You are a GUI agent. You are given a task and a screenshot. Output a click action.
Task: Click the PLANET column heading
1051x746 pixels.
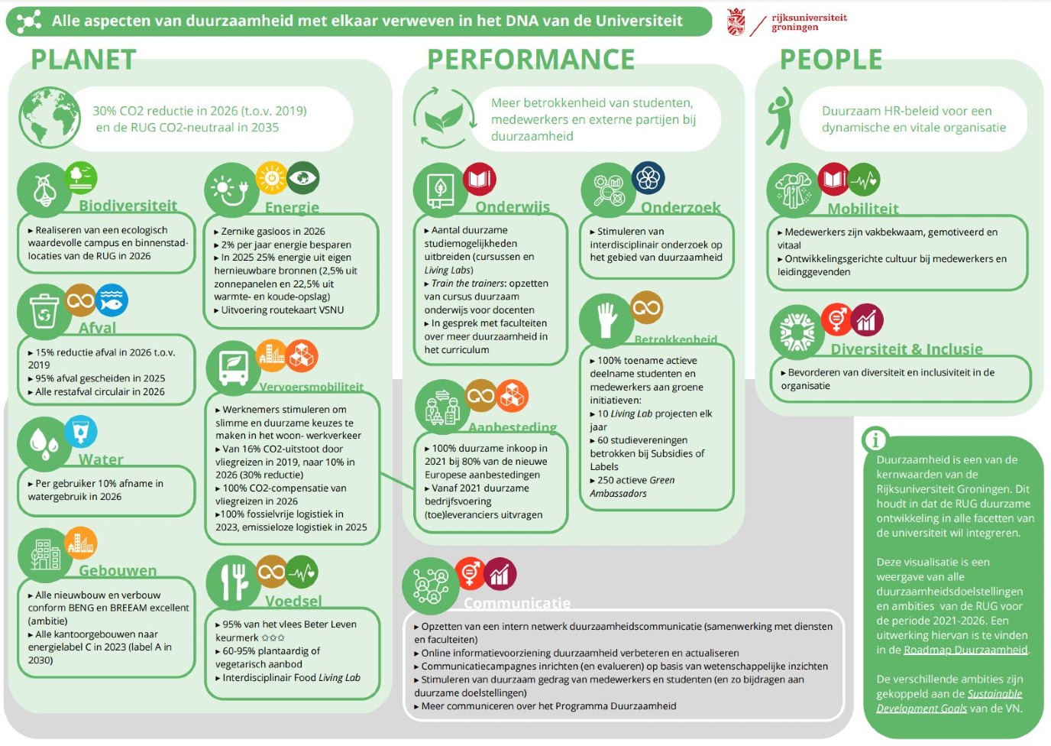tap(83, 60)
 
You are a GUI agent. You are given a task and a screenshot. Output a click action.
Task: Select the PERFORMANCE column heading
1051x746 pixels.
tap(531, 60)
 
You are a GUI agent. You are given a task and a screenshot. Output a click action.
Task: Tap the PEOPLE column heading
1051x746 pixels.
tap(831, 60)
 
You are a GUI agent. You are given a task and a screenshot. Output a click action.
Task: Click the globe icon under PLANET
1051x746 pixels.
tap(49, 117)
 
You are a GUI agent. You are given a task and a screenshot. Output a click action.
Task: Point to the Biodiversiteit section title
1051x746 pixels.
tap(128, 206)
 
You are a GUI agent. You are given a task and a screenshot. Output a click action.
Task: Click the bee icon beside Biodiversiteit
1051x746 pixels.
tap(44, 190)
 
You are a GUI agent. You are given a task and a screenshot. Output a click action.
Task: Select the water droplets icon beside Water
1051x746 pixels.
tap(44, 443)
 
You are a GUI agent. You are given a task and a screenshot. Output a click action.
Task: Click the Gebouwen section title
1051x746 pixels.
tap(118, 570)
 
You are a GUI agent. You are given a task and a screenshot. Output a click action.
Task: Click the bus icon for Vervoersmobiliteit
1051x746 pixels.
tap(233, 368)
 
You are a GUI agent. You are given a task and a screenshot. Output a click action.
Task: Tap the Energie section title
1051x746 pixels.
tap(292, 207)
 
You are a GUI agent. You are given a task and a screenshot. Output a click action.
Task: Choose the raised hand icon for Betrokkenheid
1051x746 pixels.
tap(606, 320)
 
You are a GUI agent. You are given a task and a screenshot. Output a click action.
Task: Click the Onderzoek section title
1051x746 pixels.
tap(681, 207)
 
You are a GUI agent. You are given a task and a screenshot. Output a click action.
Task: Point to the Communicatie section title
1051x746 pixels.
tap(517, 603)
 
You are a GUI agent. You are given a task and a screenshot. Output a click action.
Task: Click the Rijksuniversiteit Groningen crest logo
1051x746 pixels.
tap(736, 22)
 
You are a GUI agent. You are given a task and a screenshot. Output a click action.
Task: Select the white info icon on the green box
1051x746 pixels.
tap(875, 439)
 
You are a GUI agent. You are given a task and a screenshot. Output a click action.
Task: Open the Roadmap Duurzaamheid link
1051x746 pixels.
tap(965, 650)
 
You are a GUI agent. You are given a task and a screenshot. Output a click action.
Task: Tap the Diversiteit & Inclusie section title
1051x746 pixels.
tap(907, 349)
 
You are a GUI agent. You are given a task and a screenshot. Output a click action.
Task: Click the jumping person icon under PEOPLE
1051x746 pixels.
tap(781, 117)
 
